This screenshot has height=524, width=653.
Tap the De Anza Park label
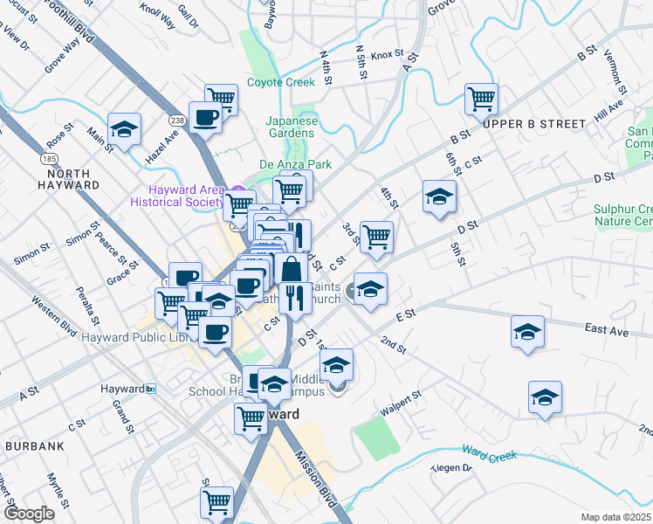(x=296, y=163)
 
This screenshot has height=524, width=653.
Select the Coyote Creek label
(x=280, y=82)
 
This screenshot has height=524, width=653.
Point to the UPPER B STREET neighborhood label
(x=534, y=124)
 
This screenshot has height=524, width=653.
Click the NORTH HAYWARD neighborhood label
(x=68, y=179)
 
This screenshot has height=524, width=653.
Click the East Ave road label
(x=607, y=329)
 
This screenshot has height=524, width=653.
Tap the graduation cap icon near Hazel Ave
(x=125, y=129)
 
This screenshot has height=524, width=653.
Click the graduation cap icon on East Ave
(x=527, y=332)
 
